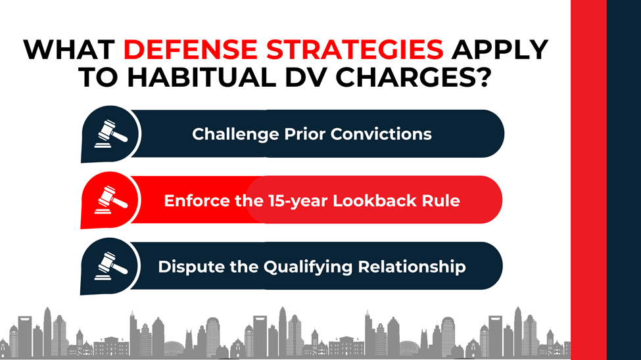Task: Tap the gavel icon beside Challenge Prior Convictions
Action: (108, 133)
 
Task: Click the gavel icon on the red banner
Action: (108, 200)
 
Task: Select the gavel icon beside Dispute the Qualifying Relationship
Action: (108, 266)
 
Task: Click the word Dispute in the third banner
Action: (186, 267)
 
